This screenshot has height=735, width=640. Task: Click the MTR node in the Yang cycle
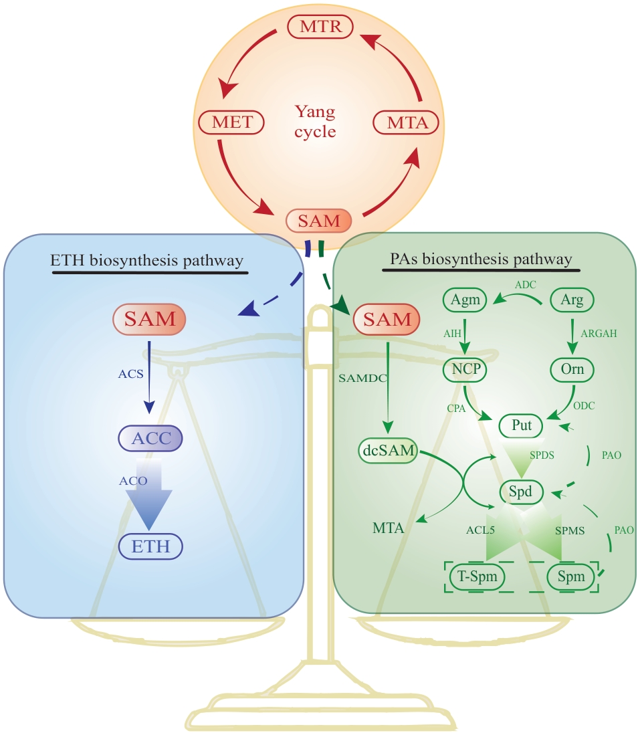click(320, 28)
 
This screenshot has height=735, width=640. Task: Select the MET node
click(232, 123)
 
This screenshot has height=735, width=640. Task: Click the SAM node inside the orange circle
click(319, 220)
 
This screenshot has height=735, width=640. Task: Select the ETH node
click(150, 547)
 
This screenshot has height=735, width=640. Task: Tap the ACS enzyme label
click(130, 374)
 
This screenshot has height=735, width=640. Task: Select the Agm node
click(465, 300)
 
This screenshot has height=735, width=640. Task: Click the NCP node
click(464, 369)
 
